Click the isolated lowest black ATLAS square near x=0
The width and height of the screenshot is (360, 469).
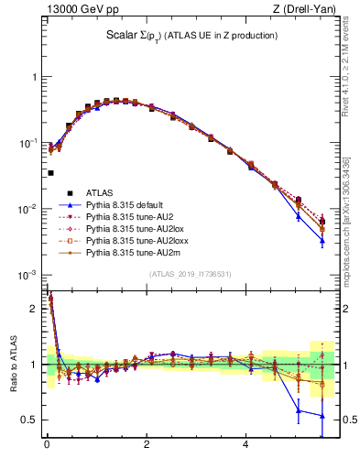click(50, 172)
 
